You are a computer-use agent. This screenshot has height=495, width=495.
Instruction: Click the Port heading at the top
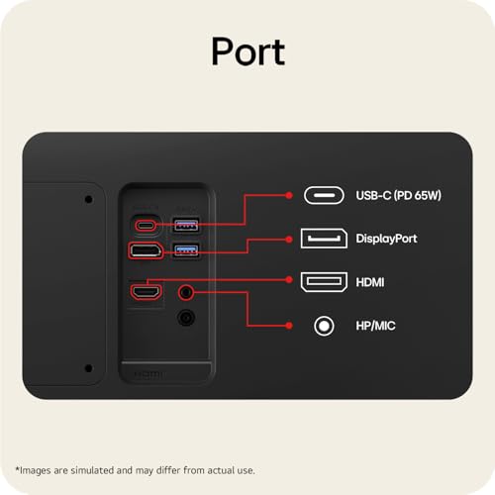247,51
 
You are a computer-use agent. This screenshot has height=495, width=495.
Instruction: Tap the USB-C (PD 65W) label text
398,195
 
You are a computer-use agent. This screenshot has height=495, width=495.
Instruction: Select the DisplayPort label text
386,239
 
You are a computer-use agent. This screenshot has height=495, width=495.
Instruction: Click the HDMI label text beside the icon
370,282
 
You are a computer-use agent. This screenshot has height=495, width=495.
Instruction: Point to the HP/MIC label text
375,326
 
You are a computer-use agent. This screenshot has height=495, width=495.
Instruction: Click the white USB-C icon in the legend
324,195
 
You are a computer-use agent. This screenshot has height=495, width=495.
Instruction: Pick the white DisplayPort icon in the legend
324,239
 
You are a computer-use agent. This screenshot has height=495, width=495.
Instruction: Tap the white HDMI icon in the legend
324,282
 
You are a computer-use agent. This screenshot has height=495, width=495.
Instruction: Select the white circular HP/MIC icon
324,326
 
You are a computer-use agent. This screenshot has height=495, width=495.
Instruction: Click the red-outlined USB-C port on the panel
146,226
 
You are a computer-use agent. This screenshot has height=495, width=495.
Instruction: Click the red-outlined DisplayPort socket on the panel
146,250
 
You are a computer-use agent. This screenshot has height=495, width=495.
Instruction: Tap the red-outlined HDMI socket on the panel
146,292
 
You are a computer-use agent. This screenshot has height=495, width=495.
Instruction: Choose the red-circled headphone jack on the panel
186,292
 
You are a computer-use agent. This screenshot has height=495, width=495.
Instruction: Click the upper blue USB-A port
186,225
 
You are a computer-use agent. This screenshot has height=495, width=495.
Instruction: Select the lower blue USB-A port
186,250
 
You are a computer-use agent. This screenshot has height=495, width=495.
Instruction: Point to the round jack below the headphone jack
186,318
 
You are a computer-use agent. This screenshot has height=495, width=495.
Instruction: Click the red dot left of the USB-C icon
289,195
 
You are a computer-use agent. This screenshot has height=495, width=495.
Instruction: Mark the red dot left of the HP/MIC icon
289,326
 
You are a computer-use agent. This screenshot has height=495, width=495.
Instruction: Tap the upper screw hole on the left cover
88,199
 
